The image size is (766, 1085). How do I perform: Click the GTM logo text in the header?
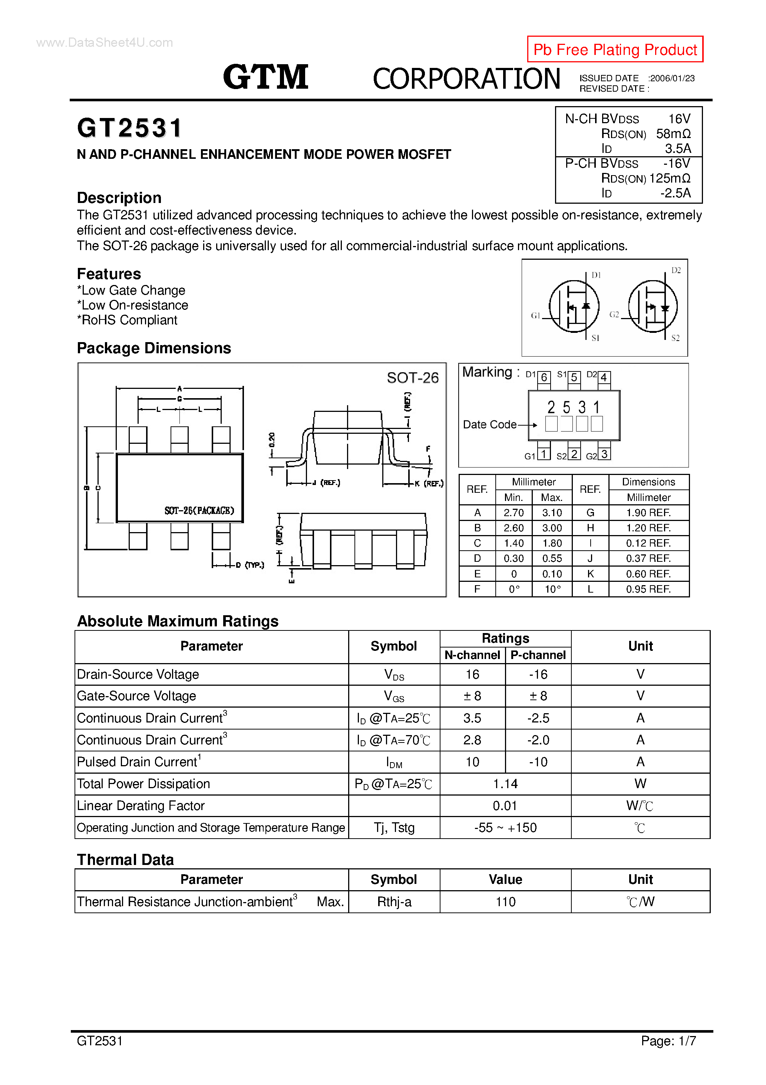point(266,77)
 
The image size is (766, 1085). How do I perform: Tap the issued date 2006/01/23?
point(672,78)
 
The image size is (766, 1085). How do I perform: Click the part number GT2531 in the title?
point(130,128)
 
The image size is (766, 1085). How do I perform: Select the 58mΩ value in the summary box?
point(673,134)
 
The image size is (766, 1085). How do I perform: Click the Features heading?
point(109,273)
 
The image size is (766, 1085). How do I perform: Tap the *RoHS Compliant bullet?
point(127,320)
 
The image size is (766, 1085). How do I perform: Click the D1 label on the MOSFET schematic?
point(596,275)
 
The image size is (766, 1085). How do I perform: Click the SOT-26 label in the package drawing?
point(412,378)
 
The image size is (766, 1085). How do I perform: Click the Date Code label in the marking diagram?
point(489,425)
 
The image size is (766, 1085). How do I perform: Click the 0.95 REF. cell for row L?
point(648,589)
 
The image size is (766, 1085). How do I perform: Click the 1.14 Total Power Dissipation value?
point(505,784)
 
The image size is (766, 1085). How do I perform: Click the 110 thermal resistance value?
point(505,902)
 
